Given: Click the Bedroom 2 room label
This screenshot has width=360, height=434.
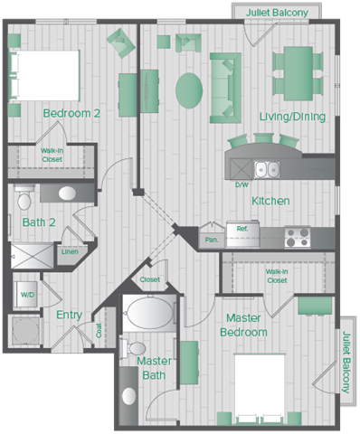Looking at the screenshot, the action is coord(71,113).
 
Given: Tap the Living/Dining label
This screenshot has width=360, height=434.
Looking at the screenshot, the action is coord(292,117).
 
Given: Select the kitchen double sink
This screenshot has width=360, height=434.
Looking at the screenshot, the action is coord(267,169).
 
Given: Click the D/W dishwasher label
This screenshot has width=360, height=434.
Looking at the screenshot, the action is coord(242,184).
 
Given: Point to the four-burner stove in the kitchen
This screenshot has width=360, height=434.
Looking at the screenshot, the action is coord(298,237).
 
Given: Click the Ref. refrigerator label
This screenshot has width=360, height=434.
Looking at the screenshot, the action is coord(242,229).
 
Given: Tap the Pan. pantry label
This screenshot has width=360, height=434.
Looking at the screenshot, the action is coord(212,240).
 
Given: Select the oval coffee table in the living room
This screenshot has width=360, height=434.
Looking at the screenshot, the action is coord(189,90).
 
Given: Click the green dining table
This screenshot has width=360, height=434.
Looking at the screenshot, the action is coord(298,73).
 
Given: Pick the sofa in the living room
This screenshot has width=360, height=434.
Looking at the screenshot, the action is coord(225,88).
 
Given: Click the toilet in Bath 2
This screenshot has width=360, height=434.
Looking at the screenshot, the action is coord(24,198).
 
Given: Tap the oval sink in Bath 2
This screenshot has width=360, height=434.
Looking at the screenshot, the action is coord(67,193).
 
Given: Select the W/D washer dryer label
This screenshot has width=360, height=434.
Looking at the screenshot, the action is coord(27,295).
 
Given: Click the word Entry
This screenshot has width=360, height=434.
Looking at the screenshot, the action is coord(70,315).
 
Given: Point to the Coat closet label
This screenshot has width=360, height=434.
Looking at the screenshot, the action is coord(99,330).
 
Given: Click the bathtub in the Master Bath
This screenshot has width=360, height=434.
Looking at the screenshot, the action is coord(149,314).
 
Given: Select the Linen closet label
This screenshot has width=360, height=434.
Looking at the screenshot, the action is coord(70,251).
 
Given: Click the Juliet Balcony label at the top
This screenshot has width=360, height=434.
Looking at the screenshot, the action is coord(277,13).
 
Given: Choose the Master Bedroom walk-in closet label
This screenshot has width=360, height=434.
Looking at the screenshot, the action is coord(277,276).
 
